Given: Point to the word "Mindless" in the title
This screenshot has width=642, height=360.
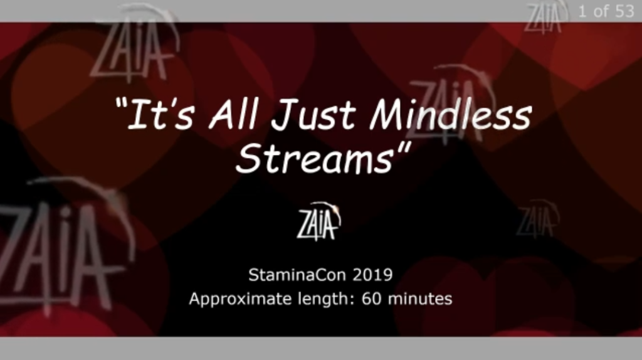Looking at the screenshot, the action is (450, 114).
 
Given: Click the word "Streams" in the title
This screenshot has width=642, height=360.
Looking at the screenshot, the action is (315, 158).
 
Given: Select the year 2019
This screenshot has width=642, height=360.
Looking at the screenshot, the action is (372, 275).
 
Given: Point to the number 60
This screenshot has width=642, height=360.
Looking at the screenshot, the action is (371, 299).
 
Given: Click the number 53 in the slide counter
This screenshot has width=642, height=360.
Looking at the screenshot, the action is (624, 11).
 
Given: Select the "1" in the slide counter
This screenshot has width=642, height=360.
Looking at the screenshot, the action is (582, 11).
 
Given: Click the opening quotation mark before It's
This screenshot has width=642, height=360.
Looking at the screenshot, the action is (121, 103).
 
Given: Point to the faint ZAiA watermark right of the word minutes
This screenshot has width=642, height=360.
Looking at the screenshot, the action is (537, 219).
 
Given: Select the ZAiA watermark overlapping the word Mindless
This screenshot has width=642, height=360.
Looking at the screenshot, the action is (450, 105).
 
